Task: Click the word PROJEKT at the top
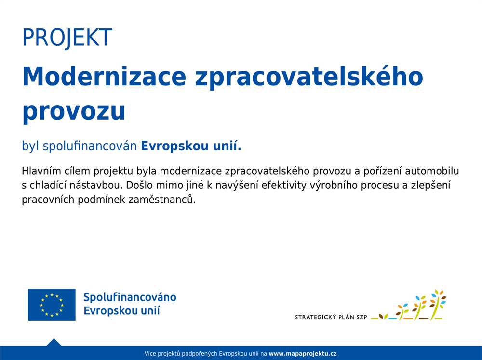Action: pyautogui.click(x=67, y=38)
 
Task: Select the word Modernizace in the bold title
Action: pyautogui.click(x=105, y=77)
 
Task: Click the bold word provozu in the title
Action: pyautogui.click(x=74, y=112)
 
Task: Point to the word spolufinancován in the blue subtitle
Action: pyautogui.click(x=90, y=146)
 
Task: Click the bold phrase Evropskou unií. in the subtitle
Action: pyautogui.click(x=191, y=146)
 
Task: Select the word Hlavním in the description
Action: pyautogui.click(x=41, y=171)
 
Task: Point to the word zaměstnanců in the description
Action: pyautogui.click(x=161, y=200)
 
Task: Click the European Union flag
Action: pyautogui.click(x=52, y=305)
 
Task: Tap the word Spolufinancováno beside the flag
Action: pyautogui.click(x=130, y=298)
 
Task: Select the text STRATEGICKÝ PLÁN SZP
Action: pyautogui.click(x=331, y=317)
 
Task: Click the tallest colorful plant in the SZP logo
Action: pyautogui.click(x=438, y=305)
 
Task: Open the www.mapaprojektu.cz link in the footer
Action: pyautogui.click(x=303, y=354)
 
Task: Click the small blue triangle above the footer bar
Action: pyautogui.click(x=54, y=342)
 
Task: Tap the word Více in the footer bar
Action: pyautogui.click(x=150, y=354)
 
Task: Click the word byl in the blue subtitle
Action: pyautogui.click(x=30, y=146)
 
